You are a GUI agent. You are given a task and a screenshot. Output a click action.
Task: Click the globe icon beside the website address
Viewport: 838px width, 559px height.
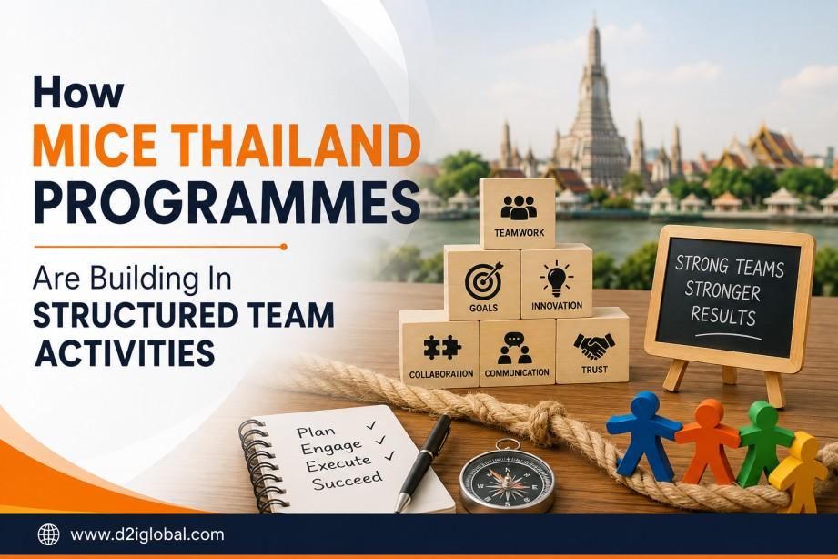pos(48,534)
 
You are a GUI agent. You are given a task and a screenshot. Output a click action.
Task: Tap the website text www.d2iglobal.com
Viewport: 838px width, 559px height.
pos(147,534)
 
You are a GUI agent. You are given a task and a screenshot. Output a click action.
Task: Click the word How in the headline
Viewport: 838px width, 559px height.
pos(78,92)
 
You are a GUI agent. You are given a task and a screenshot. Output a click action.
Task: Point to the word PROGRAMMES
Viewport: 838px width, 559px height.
pos(227,203)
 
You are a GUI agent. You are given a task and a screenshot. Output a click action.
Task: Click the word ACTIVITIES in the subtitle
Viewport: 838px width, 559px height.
pos(124,353)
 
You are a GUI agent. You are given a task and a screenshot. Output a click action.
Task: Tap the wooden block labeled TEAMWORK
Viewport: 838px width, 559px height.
pos(518,213)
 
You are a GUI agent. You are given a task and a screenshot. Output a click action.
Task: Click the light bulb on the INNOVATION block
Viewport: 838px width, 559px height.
pos(556,279)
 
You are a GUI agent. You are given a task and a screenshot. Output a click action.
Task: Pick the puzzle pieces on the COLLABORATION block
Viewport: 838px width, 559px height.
pos(442,348)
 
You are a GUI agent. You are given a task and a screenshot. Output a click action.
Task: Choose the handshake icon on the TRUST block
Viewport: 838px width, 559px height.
pos(594,346)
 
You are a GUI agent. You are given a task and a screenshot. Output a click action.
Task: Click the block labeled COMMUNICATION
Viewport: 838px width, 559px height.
pos(518,353)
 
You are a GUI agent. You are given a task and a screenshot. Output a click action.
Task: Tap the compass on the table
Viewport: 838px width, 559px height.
pos(507,479)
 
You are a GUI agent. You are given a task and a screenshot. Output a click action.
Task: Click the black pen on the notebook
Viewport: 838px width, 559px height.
pos(423,462)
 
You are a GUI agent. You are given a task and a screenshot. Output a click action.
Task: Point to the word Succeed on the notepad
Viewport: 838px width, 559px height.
pos(348,480)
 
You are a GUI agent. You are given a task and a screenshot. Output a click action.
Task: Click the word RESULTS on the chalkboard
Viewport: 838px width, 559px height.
pos(723,315)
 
